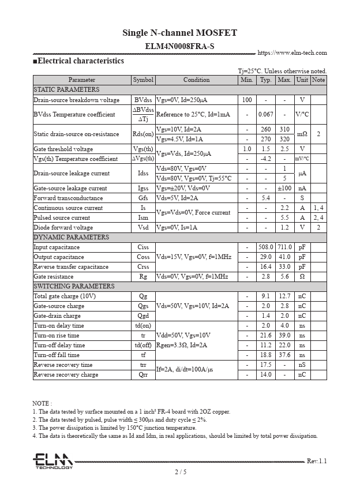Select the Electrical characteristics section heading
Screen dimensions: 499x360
pos(78,61)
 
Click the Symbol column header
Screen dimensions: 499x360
pos(143,80)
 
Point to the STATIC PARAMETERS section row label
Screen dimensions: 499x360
pos(66,90)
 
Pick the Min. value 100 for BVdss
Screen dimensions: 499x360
pos(247,100)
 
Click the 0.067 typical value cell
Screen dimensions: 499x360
pos(266,114)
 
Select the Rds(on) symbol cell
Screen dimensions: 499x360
pos(143,134)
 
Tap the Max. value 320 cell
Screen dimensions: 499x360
pos(284,139)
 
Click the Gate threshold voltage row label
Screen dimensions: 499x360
pos(63,149)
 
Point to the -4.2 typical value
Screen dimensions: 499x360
pos(266,159)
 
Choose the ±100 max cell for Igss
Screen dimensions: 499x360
pos(284,188)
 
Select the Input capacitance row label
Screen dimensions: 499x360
pos(57,247)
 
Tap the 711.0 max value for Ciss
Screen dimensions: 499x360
pos(284,247)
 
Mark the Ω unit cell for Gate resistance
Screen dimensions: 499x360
pos(302,277)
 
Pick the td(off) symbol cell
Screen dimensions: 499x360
pos(143,346)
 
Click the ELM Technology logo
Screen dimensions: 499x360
pos(52,461)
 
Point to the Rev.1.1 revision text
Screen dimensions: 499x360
pos(317,461)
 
